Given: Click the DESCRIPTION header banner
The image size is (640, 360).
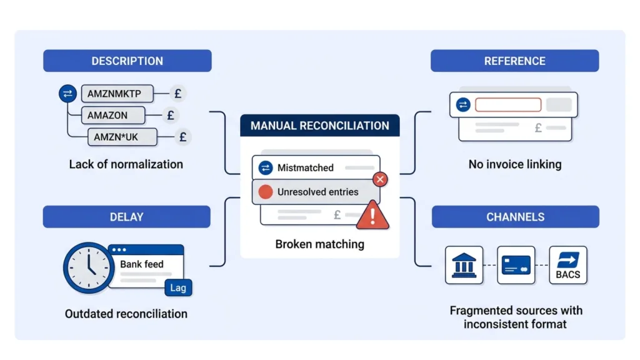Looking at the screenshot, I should pyautogui.click(x=127, y=61).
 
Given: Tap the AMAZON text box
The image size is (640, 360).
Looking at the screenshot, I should pyautogui.click(x=112, y=115).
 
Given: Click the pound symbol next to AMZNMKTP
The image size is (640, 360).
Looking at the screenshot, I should pyautogui.click(x=178, y=94).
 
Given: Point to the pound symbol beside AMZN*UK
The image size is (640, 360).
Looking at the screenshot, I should pyautogui.click(x=182, y=137).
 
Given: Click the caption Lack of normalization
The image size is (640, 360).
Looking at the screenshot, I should pyautogui.click(x=126, y=164).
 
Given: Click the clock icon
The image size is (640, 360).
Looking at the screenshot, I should pyautogui.click(x=88, y=268).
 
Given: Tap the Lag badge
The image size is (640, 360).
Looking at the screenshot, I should pyautogui.click(x=177, y=287).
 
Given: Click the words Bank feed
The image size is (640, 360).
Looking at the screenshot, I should pyautogui.click(x=142, y=264).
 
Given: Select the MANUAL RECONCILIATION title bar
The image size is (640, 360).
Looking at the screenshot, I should pyautogui.click(x=319, y=126).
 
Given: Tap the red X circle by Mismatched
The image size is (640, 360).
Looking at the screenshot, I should pyautogui.click(x=379, y=180).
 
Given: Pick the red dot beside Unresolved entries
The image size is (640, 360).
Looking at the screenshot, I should pyautogui.click(x=266, y=192).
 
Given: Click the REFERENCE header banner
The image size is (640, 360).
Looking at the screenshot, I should pyautogui.click(x=514, y=61).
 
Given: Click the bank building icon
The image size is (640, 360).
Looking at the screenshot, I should pyautogui.click(x=463, y=265).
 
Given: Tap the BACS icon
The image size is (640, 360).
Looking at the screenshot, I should pyautogui.click(x=567, y=265).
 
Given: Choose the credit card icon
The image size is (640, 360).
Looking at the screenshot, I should pyautogui.click(x=516, y=265).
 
